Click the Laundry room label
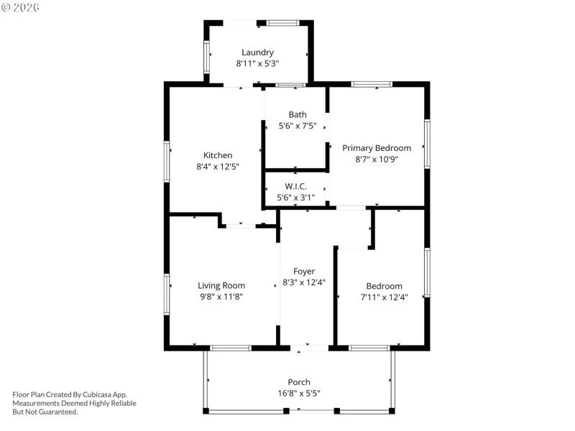click(257, 52)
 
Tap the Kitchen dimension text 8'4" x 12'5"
click(218, 166)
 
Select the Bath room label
click(298, 114)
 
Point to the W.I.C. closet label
click(296, 186)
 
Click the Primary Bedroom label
click(377, 148)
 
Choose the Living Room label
click(221, 285)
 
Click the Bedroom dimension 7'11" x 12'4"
click(384, 297)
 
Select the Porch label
click(299, 382)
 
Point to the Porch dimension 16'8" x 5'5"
click(299, 393)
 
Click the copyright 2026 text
click(21, 7)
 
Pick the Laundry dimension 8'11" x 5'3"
click(257, 63)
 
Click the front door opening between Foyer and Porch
click(310, 348)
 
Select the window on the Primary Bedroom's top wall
click(371, 84)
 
